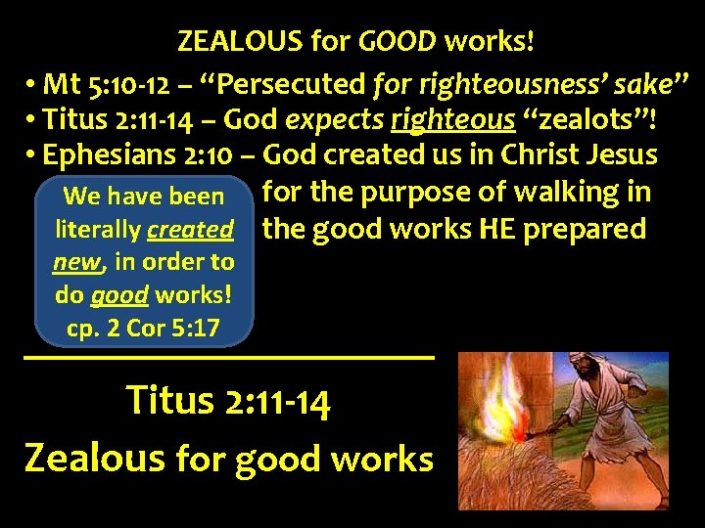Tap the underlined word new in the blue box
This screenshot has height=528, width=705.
tap(78, 262)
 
